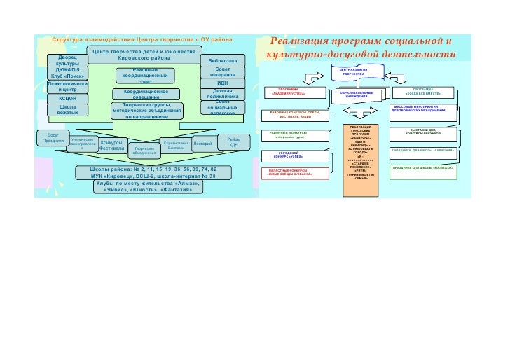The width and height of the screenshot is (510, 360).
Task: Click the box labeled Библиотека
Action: pos(223,62)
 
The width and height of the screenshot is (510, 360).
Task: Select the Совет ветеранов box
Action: pos(223,73)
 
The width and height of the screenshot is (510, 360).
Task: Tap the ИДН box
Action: pos(223,83)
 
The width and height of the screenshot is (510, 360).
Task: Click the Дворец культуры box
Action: pos(68,60)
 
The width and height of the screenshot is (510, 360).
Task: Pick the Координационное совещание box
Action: pos(146,95)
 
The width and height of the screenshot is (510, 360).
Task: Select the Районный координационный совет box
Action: pos(146,76)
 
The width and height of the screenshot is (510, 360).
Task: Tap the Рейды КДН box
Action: pos(233,142)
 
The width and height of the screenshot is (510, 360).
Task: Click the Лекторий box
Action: pos(202,144)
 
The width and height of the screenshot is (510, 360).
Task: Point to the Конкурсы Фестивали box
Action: pos(112,146)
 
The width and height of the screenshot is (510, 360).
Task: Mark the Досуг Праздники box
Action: pos(53,137)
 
